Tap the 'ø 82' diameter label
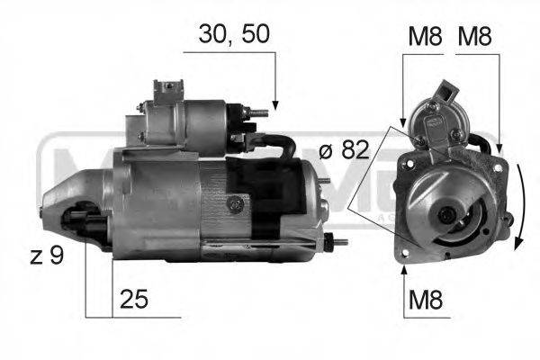343,150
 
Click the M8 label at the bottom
426,300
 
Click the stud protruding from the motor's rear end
339,240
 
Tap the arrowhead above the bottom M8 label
404,266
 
